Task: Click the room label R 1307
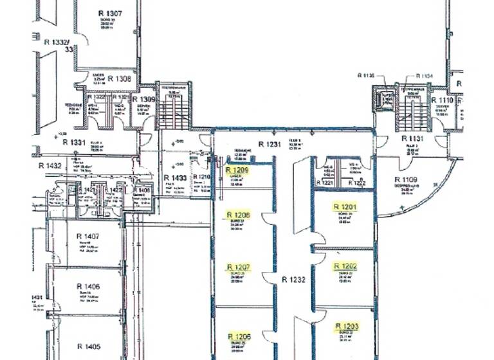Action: [x=110, y=13]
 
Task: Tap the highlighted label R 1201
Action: [x=345, y=207]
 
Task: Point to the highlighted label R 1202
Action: [x=345, y=265]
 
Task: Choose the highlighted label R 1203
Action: [x=345, y=326]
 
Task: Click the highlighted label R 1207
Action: [x=238, y=266]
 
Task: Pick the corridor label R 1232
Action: [x=293, y=280]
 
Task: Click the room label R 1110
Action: [x=442, y=101]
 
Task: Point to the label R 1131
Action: [x=412, y=138]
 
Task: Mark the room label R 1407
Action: [x=88, y=237]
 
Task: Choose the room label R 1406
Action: [x=88, y=286]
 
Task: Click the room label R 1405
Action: [x=88, y=346]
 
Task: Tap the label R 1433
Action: [x=175, y=177]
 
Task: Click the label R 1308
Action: [x=119, y=78]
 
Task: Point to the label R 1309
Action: [x=143, y=100]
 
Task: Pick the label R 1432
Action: [x=50, y=165]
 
